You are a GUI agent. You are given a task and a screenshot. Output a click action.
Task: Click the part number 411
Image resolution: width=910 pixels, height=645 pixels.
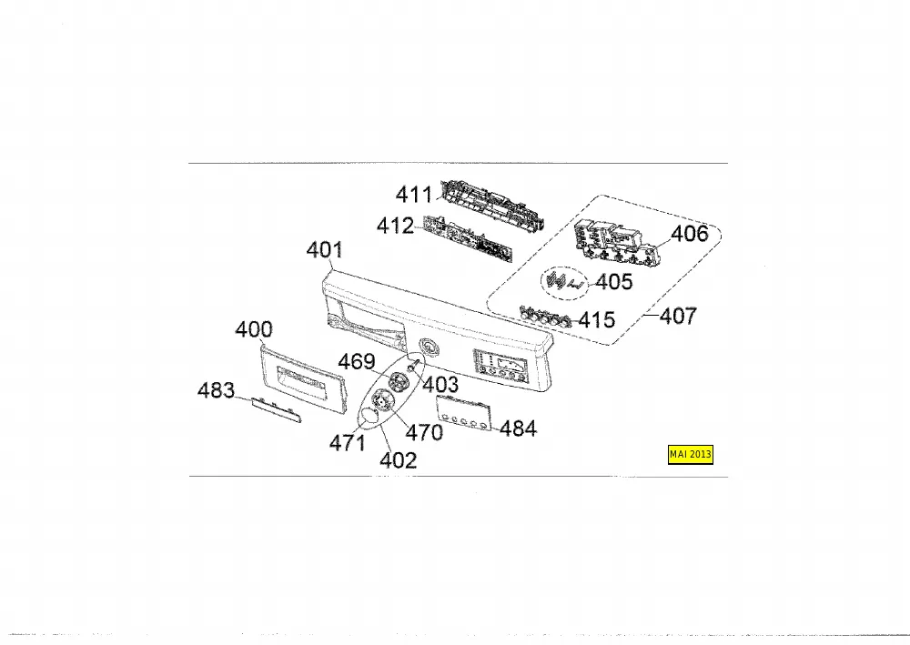[x=414, y=195]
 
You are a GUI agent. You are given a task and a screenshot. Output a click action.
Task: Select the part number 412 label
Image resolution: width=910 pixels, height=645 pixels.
[x=395, y=226]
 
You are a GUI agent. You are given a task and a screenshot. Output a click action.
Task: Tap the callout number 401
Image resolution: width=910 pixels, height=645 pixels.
[x=325, y=250]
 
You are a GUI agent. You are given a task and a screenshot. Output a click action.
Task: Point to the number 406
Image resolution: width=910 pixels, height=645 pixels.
[x=690, y=234]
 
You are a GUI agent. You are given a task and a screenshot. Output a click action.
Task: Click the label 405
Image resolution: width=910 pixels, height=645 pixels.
[x=614, y=282]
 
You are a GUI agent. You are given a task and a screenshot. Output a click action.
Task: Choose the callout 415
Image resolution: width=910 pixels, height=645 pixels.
[x=597, y=319]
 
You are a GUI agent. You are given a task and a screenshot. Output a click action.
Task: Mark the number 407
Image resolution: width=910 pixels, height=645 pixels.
[x=678, y=316]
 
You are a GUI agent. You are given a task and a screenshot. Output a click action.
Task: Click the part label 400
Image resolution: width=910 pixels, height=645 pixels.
[x=254, y=329]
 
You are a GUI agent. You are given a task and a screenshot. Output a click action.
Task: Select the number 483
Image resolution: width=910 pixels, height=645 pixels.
[x=216, y=390]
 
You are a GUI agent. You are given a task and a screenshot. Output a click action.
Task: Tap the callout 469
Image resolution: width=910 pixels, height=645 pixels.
[x=357, y=361]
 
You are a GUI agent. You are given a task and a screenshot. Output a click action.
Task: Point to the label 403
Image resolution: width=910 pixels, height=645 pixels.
[x=440, y=384]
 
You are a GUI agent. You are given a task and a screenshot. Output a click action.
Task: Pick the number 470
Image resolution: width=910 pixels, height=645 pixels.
[x=424, y=432]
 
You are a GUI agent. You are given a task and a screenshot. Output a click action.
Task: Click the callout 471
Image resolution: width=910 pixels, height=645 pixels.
[x=348, y=443]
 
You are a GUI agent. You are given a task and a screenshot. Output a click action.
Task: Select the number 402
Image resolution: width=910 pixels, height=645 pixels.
[x=399, y=460]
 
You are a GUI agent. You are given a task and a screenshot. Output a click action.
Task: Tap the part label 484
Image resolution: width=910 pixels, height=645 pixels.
[x=518, y=428]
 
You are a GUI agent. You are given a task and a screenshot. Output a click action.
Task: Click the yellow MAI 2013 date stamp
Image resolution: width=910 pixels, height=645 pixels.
[x=691, y=454]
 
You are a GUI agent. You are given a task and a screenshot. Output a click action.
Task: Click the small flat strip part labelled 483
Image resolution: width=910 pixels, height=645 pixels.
[x=277, y=409]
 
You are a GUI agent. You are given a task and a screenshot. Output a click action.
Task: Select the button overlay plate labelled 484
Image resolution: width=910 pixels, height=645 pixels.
[x=464, y=413]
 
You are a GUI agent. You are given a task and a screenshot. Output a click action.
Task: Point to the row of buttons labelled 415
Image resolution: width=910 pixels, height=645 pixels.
[x=544, y=316]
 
